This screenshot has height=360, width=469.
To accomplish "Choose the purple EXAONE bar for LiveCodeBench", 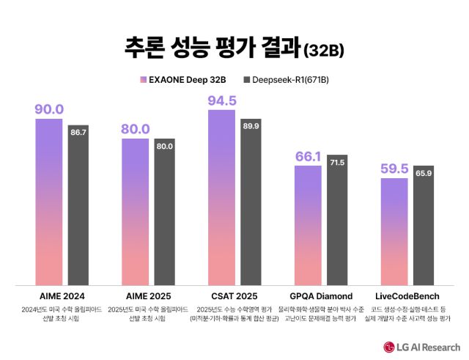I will tap(394, 231).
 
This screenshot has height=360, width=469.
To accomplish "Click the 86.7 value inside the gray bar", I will tap(78, 133).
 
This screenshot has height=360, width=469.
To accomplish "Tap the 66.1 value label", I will tap(309, 156).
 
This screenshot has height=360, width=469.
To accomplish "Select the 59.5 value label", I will tap(394, 169).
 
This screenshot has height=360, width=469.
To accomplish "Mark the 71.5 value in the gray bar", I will tap(337, 161).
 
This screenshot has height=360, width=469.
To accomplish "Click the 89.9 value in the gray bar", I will tap(251, 126).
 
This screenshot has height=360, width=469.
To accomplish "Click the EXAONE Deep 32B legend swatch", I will tap(142, 78).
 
